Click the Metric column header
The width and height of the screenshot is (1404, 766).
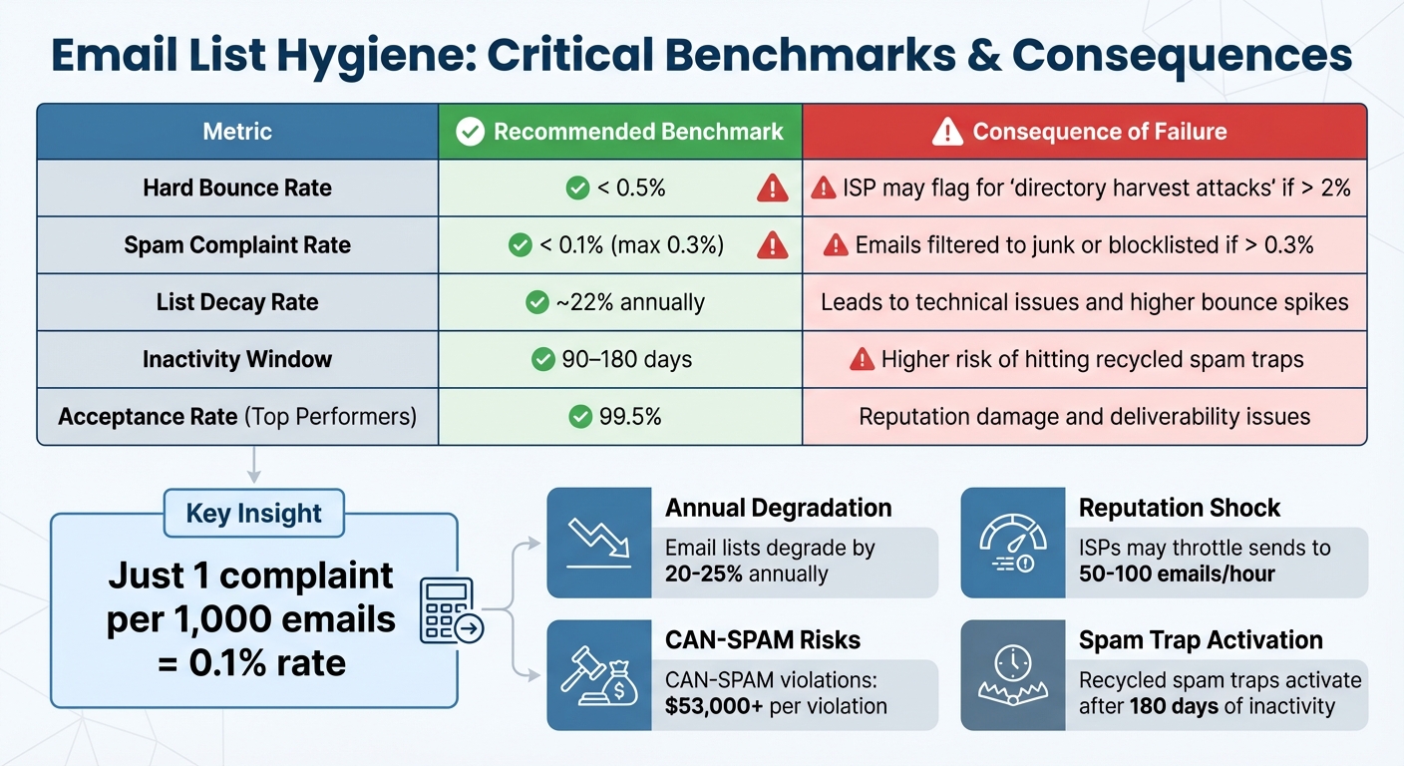(x=237, y=132)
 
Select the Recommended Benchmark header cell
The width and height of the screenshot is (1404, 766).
(x=620, y=132)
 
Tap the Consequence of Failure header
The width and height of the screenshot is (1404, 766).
(x=1084, y=132)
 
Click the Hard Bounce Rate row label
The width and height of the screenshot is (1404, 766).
(x=237, y=188)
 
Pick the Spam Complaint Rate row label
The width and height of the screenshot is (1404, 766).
(x=237, y=245)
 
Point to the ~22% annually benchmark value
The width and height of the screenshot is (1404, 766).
(x=630, y=302)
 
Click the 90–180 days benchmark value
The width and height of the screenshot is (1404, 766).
(x=626, y=359)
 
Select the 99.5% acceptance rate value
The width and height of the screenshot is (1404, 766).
(x=628, y=416)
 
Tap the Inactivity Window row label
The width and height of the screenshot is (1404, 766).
(x=237, y=359)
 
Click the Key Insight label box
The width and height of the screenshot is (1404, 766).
(x=253, y=514)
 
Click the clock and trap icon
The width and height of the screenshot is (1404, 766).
(x=1013, y=675)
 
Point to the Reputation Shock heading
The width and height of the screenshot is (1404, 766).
(x=1180, y=508)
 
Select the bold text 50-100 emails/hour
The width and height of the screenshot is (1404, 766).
(x=1177, y=574)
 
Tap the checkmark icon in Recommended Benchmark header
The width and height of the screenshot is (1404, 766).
(x=470, y=132)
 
